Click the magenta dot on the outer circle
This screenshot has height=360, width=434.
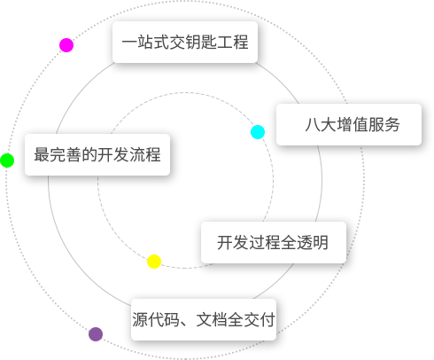[66, 45]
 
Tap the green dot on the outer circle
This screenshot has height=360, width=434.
[7, 160]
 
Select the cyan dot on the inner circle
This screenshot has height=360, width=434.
[258, 132]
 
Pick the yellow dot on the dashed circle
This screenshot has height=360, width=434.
[154, 262]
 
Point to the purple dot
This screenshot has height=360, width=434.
[96, 334]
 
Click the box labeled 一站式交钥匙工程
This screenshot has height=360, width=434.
[185, 42]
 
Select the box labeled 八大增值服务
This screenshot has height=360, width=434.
[349, 124]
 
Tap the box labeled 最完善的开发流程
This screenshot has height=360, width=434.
[97, 154]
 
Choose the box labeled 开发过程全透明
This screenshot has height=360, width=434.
[274, 242]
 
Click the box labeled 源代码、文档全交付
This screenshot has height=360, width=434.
[204, 319]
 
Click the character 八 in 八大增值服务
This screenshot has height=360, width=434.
[313, 124]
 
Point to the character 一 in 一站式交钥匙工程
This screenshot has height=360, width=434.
[129, 42]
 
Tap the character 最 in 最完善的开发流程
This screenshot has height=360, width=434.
[42, 154]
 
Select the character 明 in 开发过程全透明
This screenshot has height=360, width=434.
[321, 242]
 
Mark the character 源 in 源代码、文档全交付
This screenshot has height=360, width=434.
[140, 319]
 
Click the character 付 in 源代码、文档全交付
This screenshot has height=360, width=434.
[267, 319]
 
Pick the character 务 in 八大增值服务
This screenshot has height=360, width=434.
[392, 124]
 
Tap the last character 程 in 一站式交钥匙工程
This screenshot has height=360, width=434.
[241, 42]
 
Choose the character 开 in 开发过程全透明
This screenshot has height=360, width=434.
[225, 242]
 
